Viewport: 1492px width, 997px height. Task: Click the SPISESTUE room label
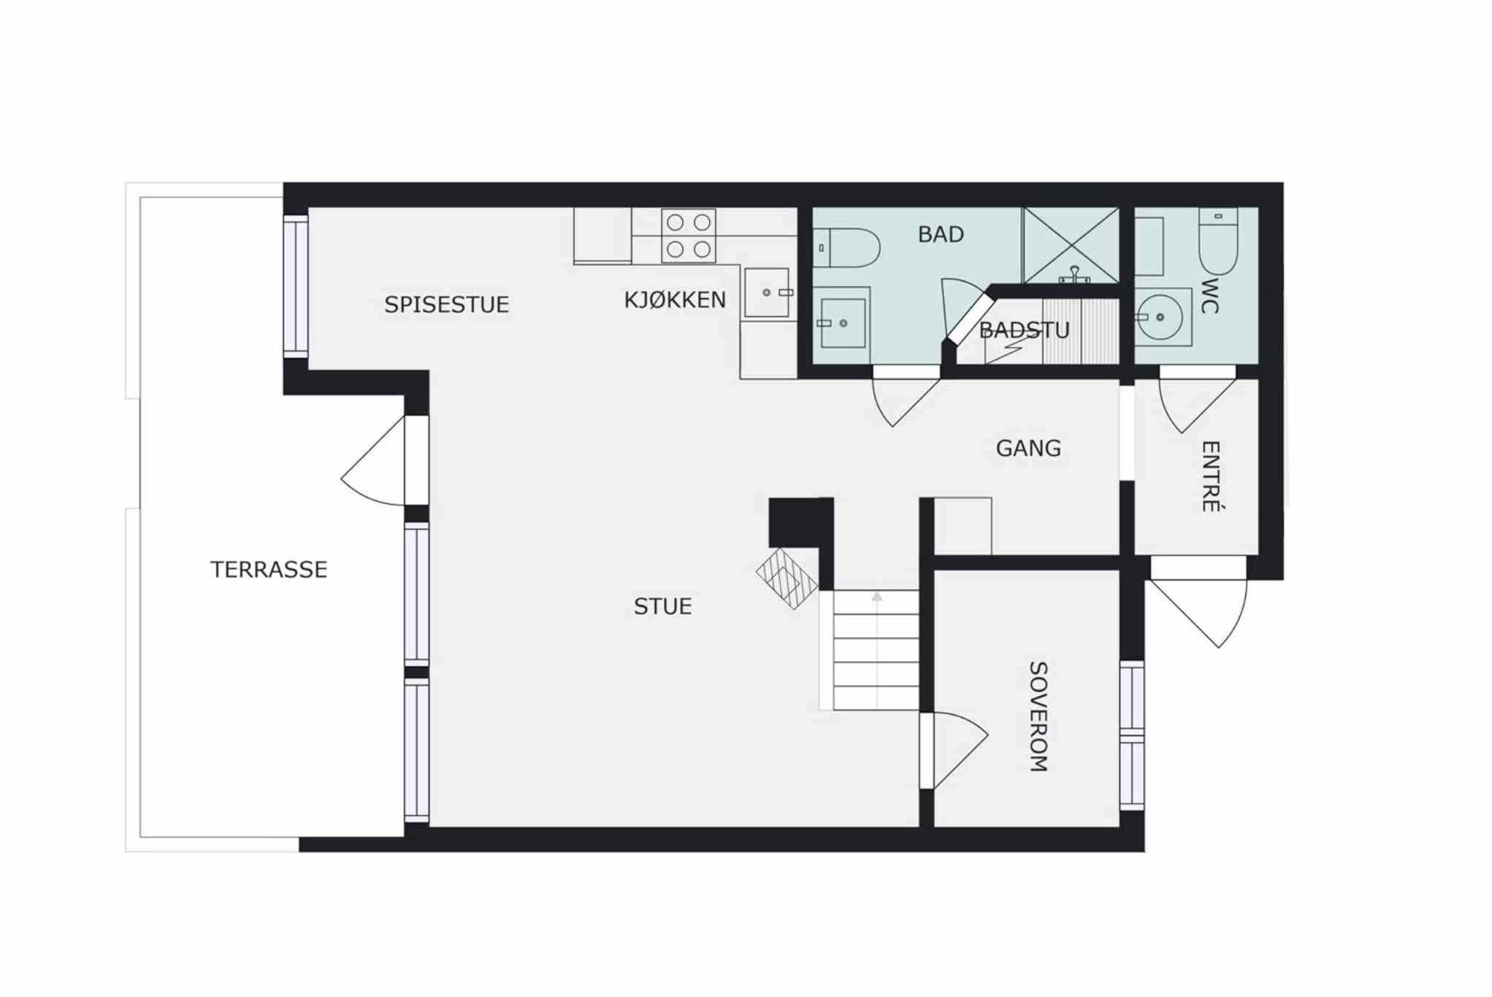point(446,305)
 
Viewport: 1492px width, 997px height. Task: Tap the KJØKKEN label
point(675,299)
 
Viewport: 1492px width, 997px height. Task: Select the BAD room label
point(941,234)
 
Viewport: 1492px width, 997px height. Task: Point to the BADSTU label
point(1024,330)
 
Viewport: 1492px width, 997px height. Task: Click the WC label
point(1209,296)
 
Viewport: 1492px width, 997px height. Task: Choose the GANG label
point(1028,448)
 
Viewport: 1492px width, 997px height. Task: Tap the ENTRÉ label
point(1211,476)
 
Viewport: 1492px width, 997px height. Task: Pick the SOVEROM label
point(1038,717)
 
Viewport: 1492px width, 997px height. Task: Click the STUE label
point(662,606)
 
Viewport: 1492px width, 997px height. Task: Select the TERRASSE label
point(269,570)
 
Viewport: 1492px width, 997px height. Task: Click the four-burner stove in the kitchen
point(689,236)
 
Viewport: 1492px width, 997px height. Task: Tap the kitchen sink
point(767,293)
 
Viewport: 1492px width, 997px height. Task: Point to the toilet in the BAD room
point(846,248)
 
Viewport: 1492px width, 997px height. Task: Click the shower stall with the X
point(1071,245)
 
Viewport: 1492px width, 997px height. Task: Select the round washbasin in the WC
point(1160,317)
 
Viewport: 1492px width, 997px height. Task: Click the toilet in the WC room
point(1218,241)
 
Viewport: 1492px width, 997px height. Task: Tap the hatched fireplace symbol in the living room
point(787,578)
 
